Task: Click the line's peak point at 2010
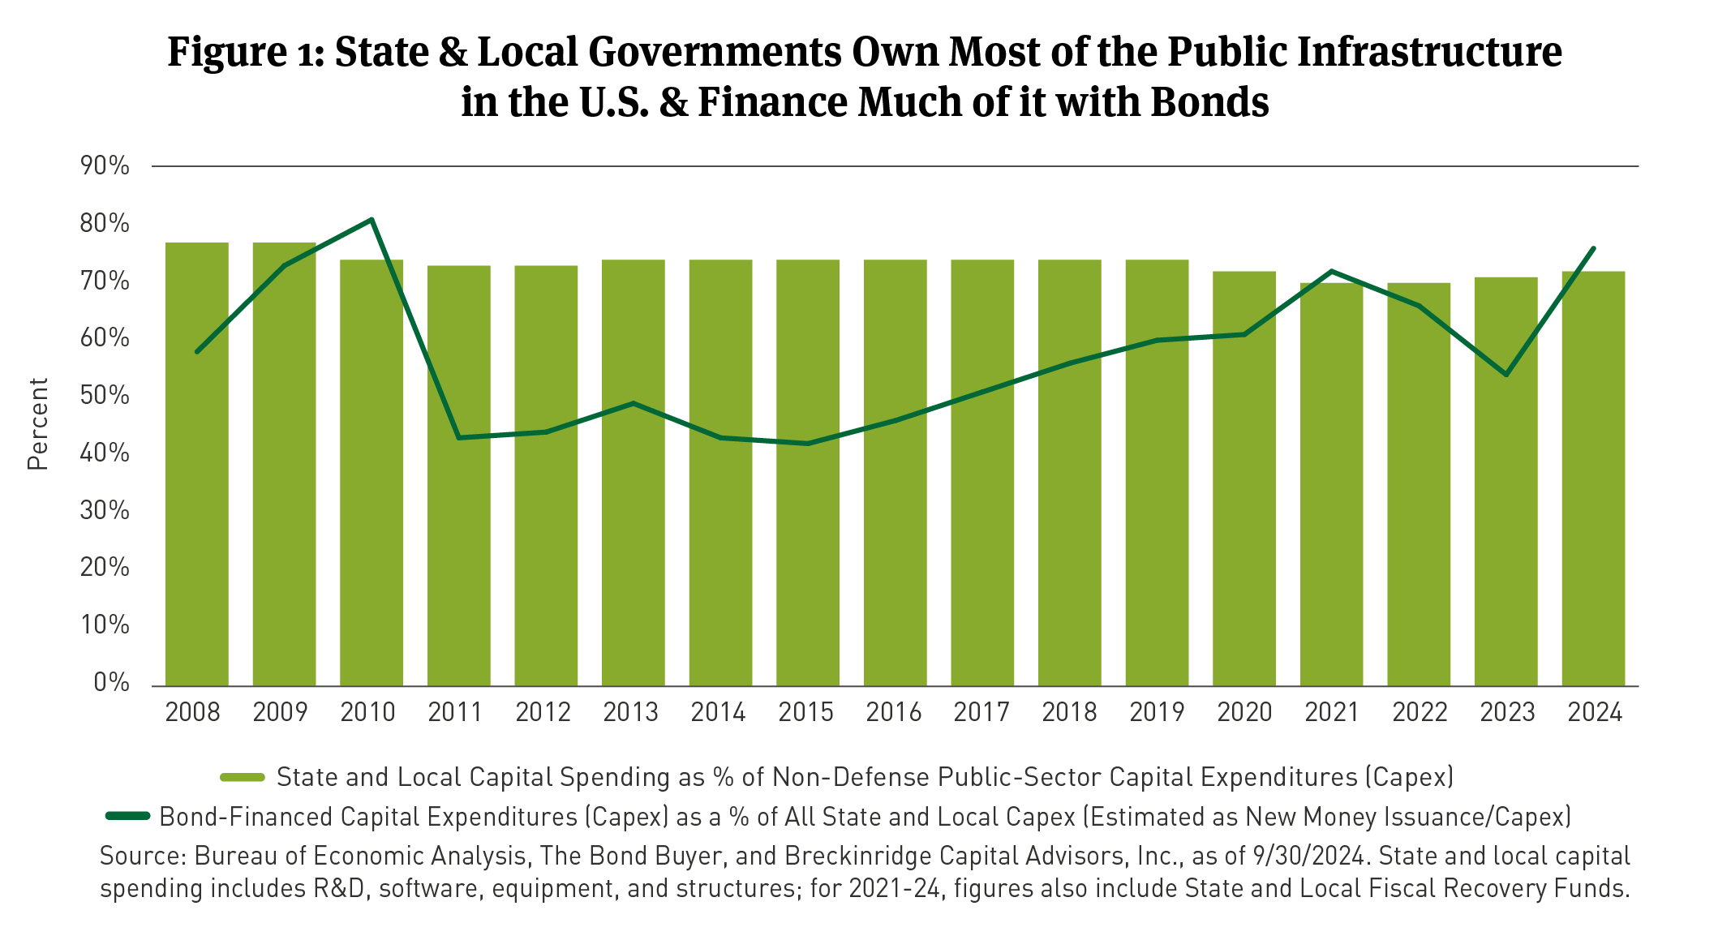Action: coord(372,219)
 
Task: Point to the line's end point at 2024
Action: coord(1594,248)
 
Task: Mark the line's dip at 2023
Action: coord(1506,375)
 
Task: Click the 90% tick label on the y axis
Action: coord(105,166)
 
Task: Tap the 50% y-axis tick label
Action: coord(105,396)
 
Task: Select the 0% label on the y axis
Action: coord(111,683)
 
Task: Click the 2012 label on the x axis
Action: coord(543,712)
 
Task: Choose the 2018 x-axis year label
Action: coord(1069,712)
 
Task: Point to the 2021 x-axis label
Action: coord(1332,712)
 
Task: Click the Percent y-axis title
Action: coord(38,423)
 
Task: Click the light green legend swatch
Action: coord(243,777)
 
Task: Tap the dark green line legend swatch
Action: coord(128,816)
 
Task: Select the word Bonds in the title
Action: coord(1209,103)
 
